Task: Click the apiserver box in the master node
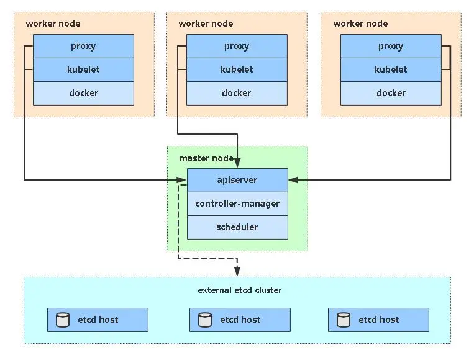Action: [x=237, y=180]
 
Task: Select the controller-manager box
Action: [x=237, y=204]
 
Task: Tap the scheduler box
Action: [x=237, y=227]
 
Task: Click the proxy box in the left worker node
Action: [x=83, y=46]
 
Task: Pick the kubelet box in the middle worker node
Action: [x=237, y=70]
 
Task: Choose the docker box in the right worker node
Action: [x=391, y=93]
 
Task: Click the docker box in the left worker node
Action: [x=83, y=93]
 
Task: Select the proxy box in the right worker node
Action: [x=391, y=46]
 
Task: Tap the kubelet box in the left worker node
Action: [x=83, y=70]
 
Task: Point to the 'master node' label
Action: [x=206, y=158]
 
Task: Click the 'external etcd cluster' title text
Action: [x=239, y=290]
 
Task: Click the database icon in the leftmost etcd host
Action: [x=63, y=320]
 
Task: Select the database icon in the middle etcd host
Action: [x=205, y=320]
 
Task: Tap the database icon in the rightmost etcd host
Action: [x=344, y=320]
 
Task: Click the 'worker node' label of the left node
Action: [x=53, y=24]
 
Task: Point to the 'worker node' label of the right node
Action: [x=360, y=24]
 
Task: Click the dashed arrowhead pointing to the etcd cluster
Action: [x=237, y=271]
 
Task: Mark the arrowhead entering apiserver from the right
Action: [x=293, y=180]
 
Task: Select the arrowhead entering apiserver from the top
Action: [x=237, y=163]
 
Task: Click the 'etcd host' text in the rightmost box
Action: [x=378, y=320]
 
